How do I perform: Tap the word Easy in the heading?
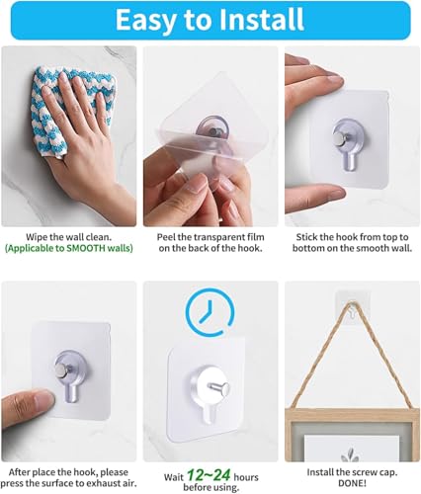[x=145, y=21]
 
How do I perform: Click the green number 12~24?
[x=209, y=475]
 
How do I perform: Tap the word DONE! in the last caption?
[x=352, y=483]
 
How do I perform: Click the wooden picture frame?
[x=352, y=435]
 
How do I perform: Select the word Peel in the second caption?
[x=166, y=237]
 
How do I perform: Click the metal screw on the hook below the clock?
[x=218, y=387]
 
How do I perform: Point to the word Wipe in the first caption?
[x=35, y=237]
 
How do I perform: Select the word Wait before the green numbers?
[x=173, y=477]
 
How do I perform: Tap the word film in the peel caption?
[x=256, y=237]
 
